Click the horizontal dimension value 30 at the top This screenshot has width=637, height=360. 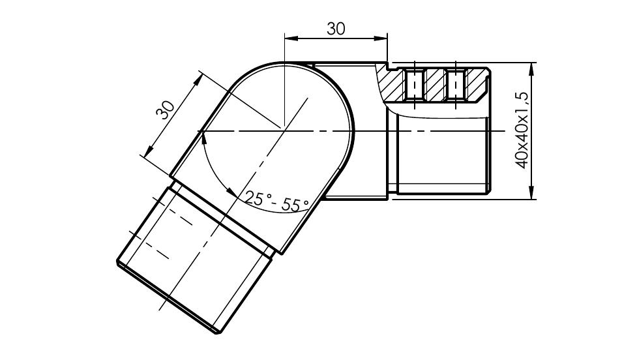tap(336, 29)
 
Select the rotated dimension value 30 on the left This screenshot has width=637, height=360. tap(165, 110)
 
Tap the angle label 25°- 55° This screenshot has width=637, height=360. tap(277, 202)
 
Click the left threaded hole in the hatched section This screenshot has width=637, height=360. tap(414, 85)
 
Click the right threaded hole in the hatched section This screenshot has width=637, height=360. tap(455, 85)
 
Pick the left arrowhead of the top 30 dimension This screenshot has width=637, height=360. tap(291, 38)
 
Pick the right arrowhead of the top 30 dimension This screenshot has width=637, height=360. tap(380, 38)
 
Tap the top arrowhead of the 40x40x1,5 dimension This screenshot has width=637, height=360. tap(531, 70)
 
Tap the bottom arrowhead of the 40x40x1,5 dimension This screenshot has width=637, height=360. tap(531, 192)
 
